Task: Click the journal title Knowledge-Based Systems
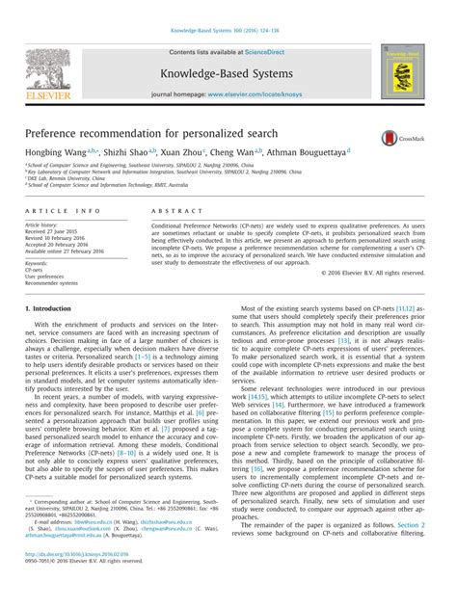click(227, 71)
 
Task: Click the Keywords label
click(38, 262)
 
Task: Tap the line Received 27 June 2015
click(54, 231)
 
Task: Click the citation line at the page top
click(228, 32)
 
